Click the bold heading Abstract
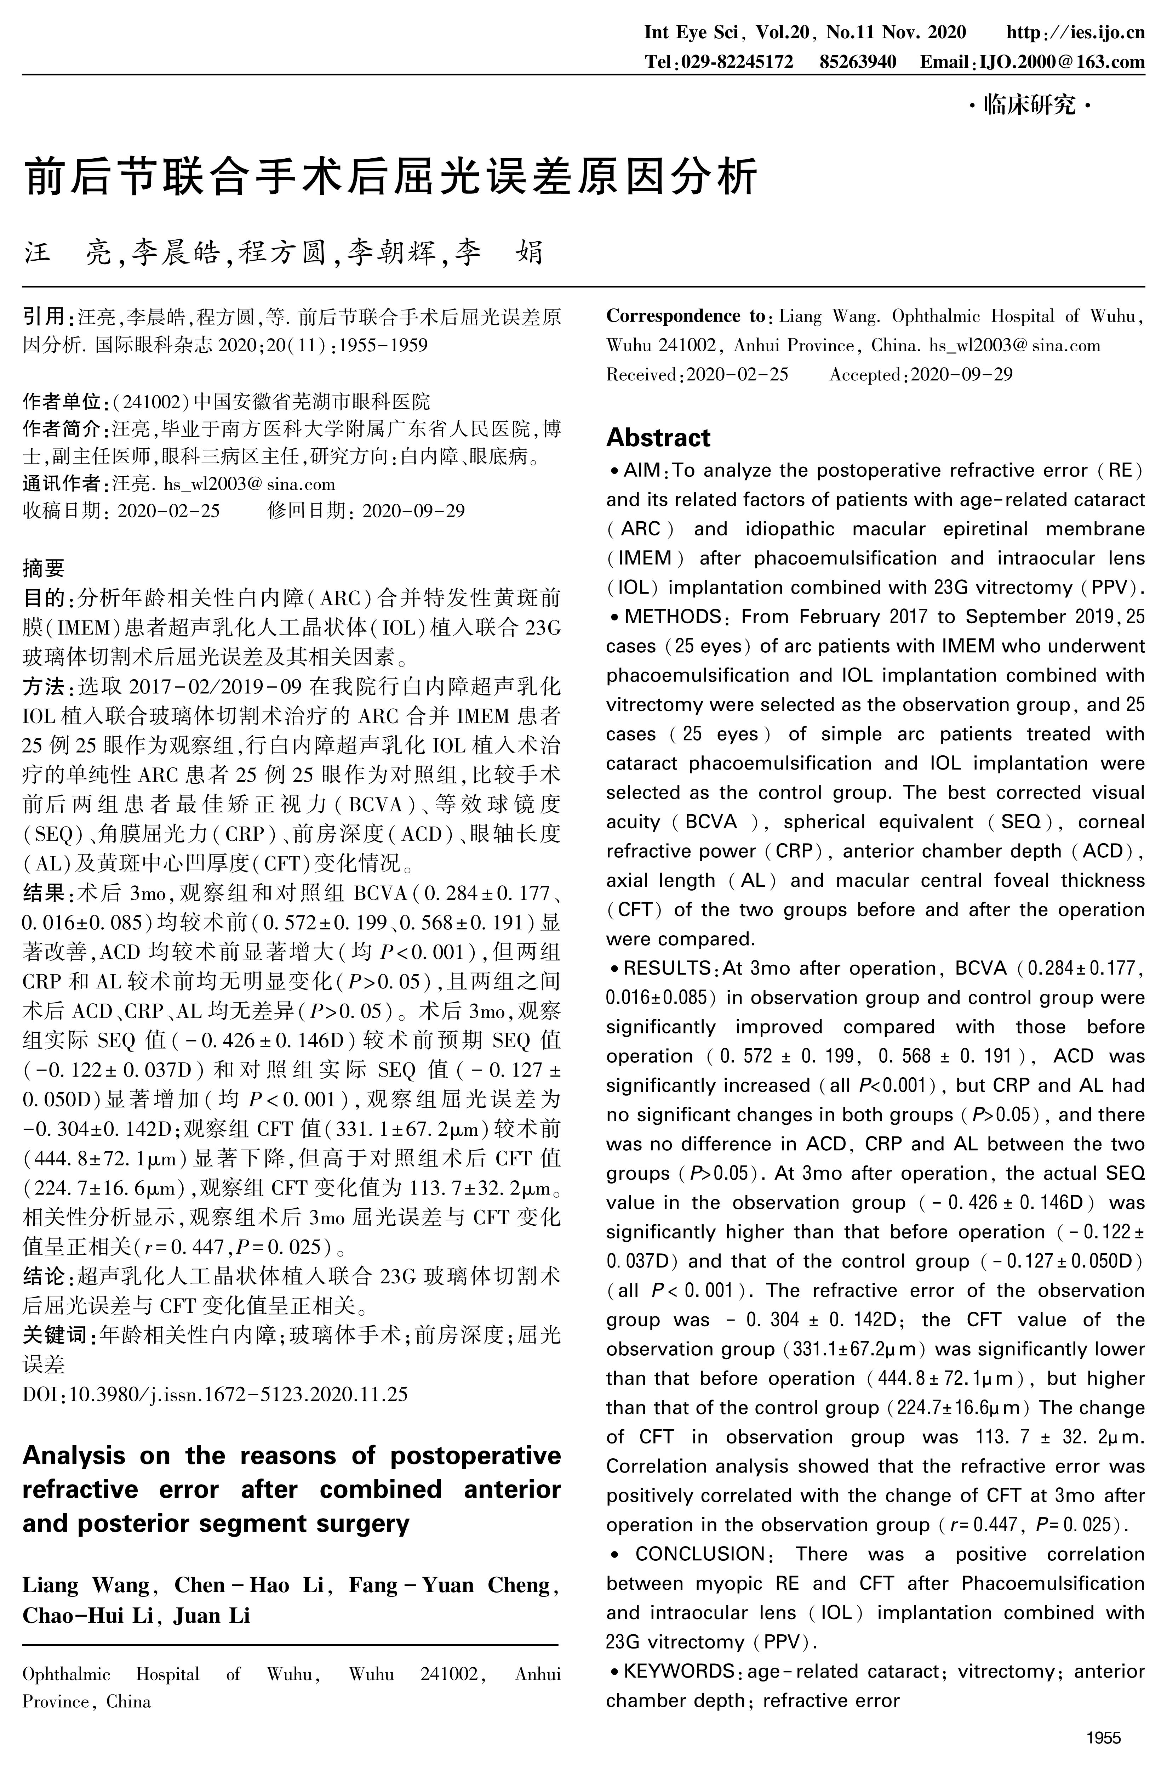pyautogui.click(x=659, y=437)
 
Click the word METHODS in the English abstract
pyautogui.click(x=672, y=617)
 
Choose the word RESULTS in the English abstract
pyautogui.click(x=668, y=968)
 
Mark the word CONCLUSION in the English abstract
pyautogui.click(x=700, y=1554)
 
